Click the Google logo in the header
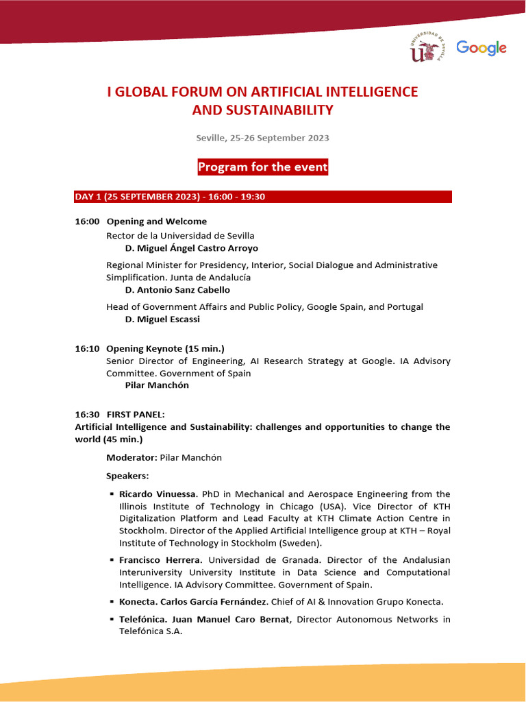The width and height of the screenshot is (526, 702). [x=481, y=48]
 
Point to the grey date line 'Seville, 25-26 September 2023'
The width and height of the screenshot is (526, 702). [x=262, y=138]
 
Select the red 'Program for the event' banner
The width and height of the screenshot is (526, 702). [x=263, y=167]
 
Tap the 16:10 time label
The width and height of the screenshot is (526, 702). [x=88, y=349]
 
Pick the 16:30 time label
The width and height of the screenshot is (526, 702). [x=88, y=415]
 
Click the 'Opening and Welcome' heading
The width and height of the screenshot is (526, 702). [x=157, y=221]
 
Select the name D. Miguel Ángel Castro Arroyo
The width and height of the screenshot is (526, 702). [x=192, y=248]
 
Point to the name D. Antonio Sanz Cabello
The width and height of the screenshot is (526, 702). [x=178, y=290]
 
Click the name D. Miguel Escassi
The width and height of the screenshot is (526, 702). [x=163, y=319]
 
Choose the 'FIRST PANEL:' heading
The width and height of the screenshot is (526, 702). [x=136, y=415]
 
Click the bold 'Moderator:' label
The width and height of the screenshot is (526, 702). [x=131, y=457]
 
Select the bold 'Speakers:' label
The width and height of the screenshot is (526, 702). [x=127, y=476]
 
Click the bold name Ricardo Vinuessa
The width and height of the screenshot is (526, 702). [x=158, y=494]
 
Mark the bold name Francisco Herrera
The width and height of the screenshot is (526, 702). [x=159, y=560]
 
